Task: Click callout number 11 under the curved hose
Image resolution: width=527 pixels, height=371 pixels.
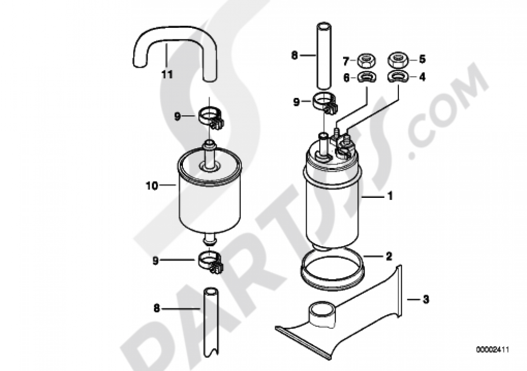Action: [167, 75]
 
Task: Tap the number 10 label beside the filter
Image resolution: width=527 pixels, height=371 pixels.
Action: [152, 185]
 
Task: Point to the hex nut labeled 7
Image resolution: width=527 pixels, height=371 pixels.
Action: [365, 60]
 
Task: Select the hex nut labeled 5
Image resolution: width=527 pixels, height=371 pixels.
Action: [399, 59]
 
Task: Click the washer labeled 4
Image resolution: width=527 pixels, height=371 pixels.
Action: [399, 78]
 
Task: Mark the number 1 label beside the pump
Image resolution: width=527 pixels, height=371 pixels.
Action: [390, 197]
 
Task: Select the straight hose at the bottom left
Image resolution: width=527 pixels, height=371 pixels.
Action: [211, 321]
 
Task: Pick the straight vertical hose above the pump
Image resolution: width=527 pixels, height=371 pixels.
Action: [324, 55]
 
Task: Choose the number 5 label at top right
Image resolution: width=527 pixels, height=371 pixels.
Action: [422, 59]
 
